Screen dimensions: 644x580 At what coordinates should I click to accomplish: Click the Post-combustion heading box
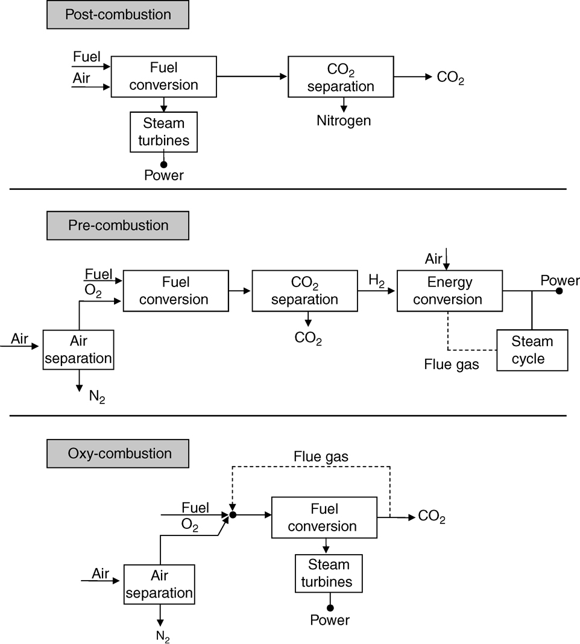coord(118,14)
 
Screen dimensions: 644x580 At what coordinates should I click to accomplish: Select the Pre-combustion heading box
coord(118,226)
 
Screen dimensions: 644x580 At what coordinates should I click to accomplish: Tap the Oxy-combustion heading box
coord(118,453)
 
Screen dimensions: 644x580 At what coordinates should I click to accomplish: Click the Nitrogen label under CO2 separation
coord(344,121)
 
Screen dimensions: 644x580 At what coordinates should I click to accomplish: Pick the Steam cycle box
coord(532,350)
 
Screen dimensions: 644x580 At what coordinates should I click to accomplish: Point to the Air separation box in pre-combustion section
coord(78,350)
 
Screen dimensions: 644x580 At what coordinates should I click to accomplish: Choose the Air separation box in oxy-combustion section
coord(159,584)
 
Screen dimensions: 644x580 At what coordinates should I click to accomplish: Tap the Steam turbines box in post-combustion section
coord(164,132)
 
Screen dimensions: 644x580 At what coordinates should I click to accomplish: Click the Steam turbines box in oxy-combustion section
coord(329,573)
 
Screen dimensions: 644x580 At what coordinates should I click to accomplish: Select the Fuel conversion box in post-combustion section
coord(163,77)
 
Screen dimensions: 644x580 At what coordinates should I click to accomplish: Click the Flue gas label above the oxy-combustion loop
coord(321,457)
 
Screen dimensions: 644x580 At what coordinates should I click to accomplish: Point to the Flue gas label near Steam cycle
coord(452,364)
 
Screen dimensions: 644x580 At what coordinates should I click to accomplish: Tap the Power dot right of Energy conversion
coord(559,291)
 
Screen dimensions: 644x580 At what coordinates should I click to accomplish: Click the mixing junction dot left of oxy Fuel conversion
coord(233,516)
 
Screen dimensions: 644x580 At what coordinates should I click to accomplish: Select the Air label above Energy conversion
coord(433,259)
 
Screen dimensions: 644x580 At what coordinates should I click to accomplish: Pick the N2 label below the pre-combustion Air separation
coord(96,397)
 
